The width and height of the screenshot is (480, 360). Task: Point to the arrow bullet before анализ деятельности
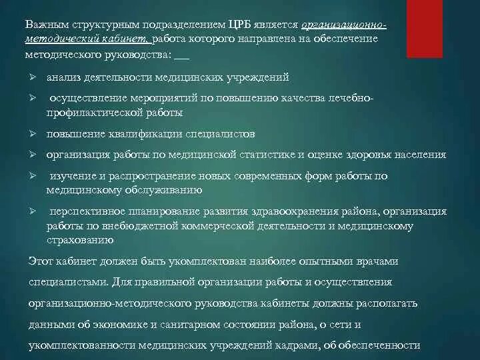pyautogui.click(x=31, y=77)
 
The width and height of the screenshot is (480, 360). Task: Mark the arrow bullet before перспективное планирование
pyautogui.click(x=31, y=211)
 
